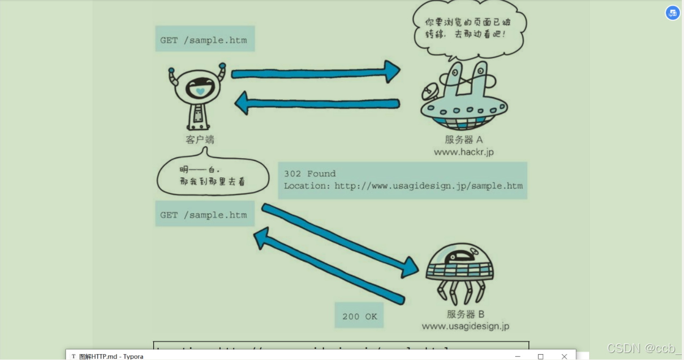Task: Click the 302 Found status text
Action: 310,174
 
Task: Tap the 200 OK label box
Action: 360,317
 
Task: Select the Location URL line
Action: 403,186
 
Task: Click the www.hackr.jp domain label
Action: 464,152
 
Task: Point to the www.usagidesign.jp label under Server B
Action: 465,326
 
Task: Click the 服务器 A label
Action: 464,140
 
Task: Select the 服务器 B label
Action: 465,314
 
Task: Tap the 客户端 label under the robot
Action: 200,140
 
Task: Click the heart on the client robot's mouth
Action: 199,92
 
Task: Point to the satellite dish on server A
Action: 429,93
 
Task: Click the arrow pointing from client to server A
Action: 316,72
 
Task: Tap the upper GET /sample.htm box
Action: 204,40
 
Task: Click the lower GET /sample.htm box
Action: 204,215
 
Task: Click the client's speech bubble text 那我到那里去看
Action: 213,182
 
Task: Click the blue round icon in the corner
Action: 673,13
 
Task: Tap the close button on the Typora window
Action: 564,356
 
